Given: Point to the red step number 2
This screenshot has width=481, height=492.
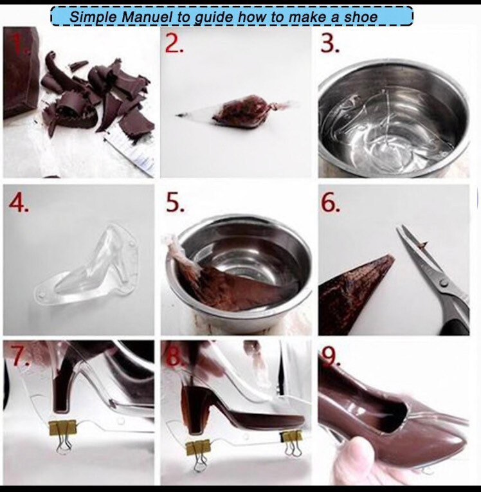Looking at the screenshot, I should (175, 43).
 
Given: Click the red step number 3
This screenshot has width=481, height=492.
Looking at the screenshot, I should (331, 44).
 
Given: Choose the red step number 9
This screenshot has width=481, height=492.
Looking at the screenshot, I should (330, 358).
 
